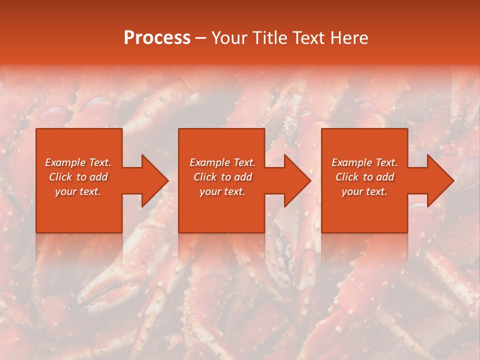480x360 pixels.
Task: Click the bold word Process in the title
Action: point(157,38)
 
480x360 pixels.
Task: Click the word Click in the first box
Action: point(60,177)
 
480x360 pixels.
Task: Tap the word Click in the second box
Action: point(205,177)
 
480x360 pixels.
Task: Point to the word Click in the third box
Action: point(347,177)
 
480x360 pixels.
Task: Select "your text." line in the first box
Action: point(78,191)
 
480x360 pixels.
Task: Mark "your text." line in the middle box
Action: point(222,191)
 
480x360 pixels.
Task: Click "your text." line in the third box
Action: point(364,191)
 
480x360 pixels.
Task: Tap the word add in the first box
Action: point(98,177)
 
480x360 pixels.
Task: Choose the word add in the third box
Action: point(385,177)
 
